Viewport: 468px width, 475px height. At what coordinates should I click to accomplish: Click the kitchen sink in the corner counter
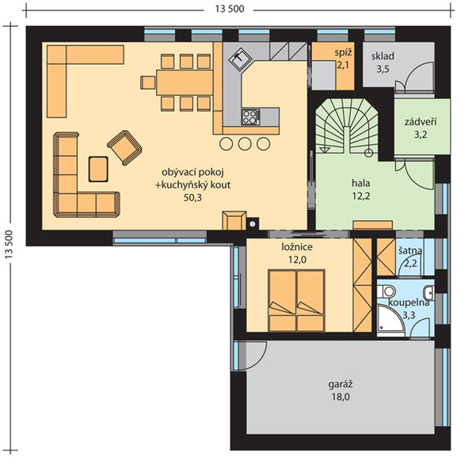click(239, 59)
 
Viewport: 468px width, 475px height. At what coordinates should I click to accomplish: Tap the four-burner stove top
click(250, 117)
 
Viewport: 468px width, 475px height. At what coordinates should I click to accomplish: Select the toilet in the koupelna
click(386, 291)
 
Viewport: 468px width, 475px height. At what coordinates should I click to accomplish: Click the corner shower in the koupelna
click(390, 321)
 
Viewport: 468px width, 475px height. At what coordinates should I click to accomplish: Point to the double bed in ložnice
click(296, 300)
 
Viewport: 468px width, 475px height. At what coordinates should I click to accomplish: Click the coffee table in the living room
click(98, 169)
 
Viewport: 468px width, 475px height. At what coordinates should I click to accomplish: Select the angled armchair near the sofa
click(124, 147)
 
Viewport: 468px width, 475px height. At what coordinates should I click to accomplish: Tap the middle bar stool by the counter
click(245, 143)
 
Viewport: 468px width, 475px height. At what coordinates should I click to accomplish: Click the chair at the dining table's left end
click(147, 82)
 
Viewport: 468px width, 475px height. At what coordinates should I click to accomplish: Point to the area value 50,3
click(192, 198)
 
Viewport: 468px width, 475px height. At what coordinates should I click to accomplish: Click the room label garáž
click(341, 384)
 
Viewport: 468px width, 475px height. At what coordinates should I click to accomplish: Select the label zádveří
click(420, 122)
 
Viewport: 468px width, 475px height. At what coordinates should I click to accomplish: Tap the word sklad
click(382, 56)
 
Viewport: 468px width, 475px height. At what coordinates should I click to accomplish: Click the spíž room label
click(344, 53)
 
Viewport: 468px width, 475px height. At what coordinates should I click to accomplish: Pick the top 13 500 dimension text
click(230, 9)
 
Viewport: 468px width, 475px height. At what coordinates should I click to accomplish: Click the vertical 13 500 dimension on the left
click(9, 244)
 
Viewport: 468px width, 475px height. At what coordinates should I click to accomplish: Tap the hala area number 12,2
click(361, 196)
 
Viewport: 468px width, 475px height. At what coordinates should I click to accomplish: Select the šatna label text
click(410, 251)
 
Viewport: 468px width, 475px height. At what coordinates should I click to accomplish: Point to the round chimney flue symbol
click(252, 224)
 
